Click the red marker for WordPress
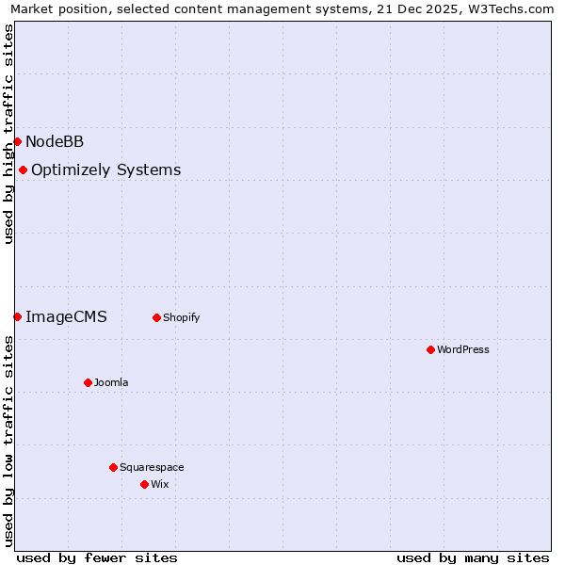click(x=430, y=349)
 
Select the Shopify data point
click(x=156, y=317)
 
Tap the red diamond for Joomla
click(x=88, y=382)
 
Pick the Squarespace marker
click(x=113, y=467)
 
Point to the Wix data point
click(x=144, y=484)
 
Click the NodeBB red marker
click(x=17, y=141)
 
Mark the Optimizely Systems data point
click(x=23, y=169)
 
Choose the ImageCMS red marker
click(x=17, y=316)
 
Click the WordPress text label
click(x=463, y=349)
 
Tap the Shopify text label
click(x=182, y=317)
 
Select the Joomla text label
click(x=111, y=382)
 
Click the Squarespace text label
click(x=152, y=467)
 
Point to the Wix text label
click(x=160, y=484)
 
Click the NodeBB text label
click(x=55, y=141)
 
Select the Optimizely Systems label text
click(x=105, y=169)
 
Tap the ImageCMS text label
click(x=66, y=316)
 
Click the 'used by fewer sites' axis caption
click(x=97, y=557)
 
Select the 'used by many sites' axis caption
click(x=473, y=557)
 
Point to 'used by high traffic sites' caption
click(x=9, y=134)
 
